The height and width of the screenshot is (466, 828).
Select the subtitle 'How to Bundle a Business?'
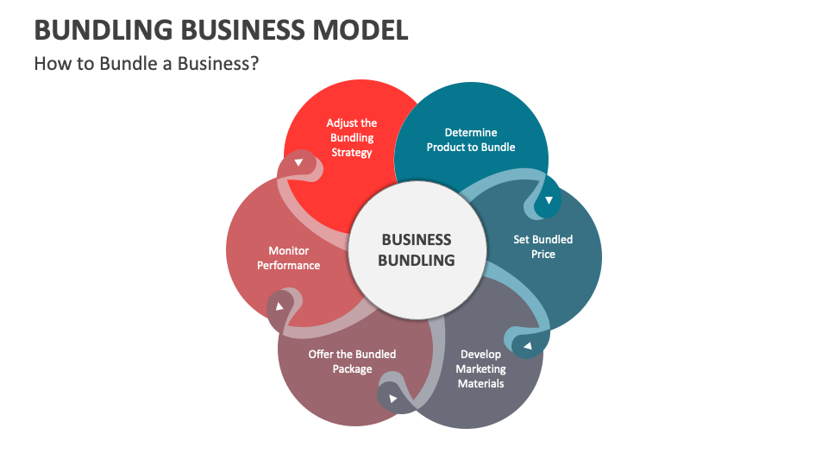[x=146, y=64]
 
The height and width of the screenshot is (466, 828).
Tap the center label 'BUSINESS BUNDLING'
[x=417, y=249]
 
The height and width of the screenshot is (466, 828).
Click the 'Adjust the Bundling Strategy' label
[x=352, y=138]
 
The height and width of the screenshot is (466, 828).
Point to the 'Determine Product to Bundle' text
[x=471, y=140]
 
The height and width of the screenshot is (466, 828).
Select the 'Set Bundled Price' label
[x=543, y=247]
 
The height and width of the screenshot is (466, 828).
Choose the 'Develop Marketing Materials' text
[x=480, y=368]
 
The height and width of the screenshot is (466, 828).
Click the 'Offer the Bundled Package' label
[x=352, y=362]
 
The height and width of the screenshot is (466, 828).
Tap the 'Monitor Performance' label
[x=288, y=258]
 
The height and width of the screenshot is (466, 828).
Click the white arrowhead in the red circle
[x=298, y=162]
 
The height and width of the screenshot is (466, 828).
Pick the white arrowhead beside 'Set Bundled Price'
[x=549, y=200]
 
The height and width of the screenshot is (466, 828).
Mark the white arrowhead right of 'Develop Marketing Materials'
[x=527, y=347]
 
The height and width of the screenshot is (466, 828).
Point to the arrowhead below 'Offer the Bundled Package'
[x=393, y=399]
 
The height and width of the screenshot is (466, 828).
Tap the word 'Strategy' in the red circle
[x=352, y=153]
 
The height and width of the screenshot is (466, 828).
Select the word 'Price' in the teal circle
[x=543, y=255]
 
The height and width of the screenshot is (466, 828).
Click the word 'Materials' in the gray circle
[x=480, y=383]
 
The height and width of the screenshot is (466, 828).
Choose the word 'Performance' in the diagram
[x=288, y=266]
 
